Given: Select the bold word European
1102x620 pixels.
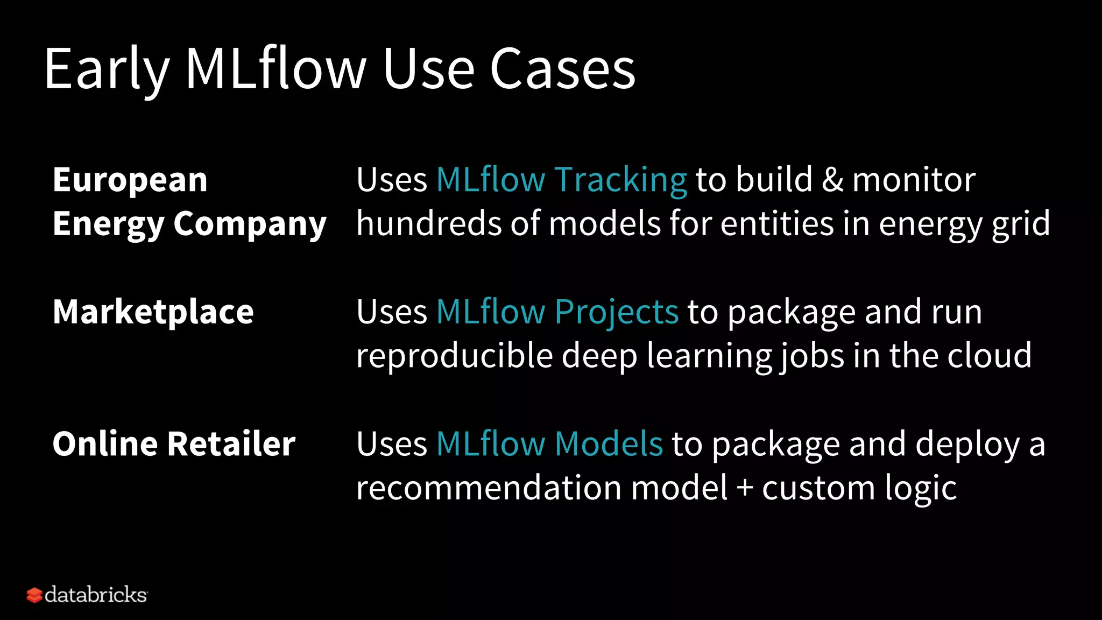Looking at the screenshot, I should (130, 180).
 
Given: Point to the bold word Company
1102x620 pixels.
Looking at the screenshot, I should (250, 224).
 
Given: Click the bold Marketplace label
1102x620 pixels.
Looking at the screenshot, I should (153, 312).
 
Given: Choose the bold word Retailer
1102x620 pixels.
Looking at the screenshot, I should (231, 444).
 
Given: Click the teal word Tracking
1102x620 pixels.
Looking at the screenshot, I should (620, 180).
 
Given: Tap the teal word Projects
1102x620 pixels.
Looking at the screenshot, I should (617, 312).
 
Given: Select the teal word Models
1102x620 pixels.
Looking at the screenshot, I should (609, 444).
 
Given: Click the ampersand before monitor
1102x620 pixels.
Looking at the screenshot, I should (832, 180).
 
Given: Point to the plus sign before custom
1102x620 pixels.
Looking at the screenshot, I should (745, 488).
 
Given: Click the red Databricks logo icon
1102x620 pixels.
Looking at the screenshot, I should (34, 595).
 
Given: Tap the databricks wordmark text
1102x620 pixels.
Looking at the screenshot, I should (96, 595).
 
